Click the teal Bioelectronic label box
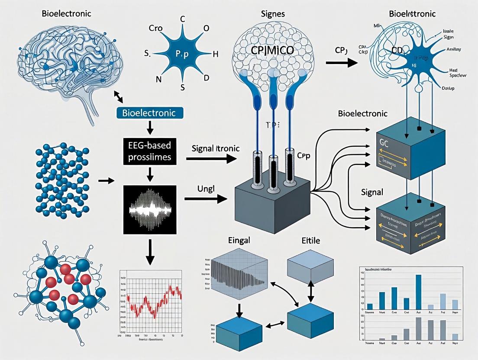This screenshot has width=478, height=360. click(x=149, y=113)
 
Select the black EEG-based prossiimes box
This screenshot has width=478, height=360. click(x=150, y=151)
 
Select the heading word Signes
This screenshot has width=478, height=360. click(x=261, y=14)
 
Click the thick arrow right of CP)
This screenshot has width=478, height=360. click(x=342, y=62)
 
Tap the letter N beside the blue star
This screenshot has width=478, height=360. click(x=158, y=80)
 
